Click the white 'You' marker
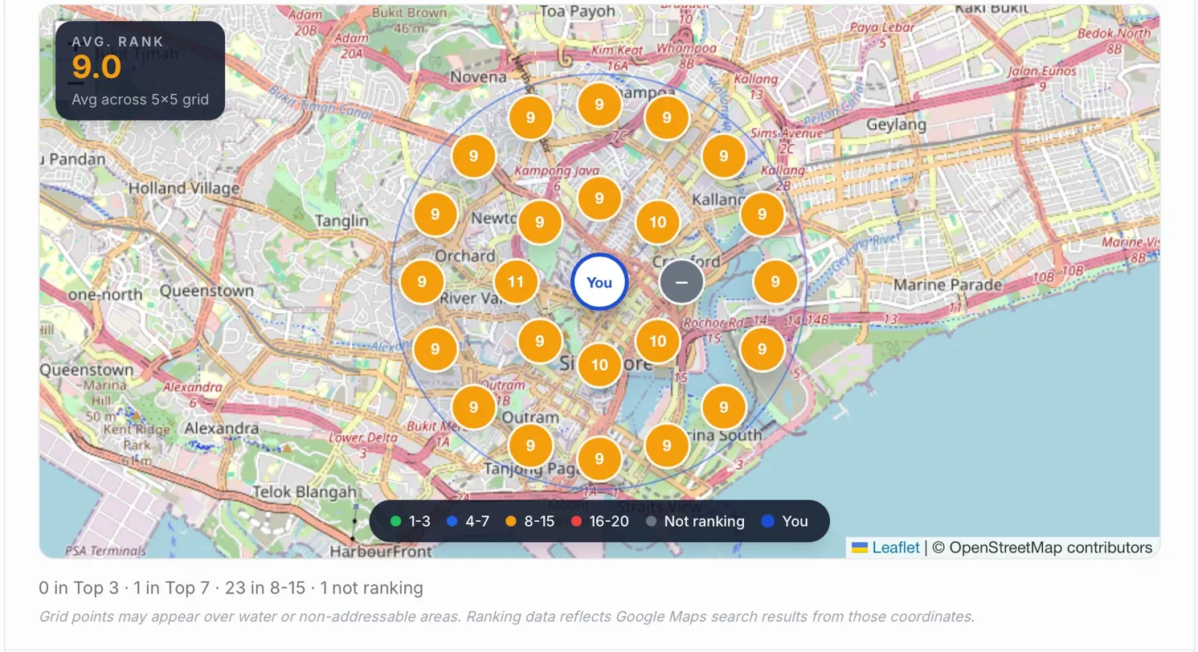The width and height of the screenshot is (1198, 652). [599, 283]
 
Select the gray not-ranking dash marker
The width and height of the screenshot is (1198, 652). [682, 283]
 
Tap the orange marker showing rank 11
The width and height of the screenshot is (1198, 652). [516, 282]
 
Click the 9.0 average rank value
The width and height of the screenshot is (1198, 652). [96, 67]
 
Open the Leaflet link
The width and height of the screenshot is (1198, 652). [896, 548]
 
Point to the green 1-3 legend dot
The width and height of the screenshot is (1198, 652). [395, 521]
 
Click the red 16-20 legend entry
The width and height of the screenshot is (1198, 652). [600, 521]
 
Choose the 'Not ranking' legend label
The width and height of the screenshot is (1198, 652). [704, 521]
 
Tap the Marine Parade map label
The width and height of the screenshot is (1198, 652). [947, 285]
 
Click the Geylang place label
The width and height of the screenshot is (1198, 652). [896, 125]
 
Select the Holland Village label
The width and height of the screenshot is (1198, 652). [184, 189]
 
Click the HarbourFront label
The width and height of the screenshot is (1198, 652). [381, 552]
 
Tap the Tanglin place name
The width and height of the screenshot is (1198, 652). [342, 221]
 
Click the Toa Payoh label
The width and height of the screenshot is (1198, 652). [579, 11]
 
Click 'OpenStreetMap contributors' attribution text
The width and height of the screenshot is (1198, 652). [1050, 548]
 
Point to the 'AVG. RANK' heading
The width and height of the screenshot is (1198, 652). [117, 42]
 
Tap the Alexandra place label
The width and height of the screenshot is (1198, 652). [222, 428]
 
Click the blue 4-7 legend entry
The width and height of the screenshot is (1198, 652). [469, 521]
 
